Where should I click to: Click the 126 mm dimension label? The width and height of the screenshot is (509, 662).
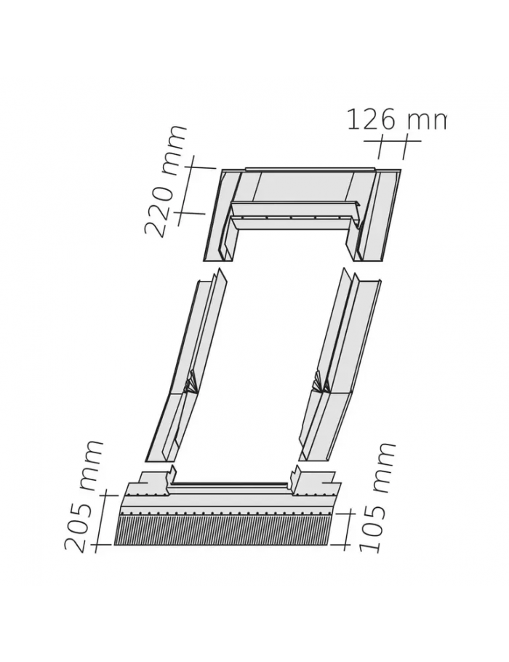pyautogui.click(x=396, y=120)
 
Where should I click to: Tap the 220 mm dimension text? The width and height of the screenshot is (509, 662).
pyautogui.click(x=165, y=181)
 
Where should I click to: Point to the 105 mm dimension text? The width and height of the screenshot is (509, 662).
pyautogui.click(x=376, y=498)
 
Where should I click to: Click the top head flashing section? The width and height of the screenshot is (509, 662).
pyautogui.click(x=302, y=215)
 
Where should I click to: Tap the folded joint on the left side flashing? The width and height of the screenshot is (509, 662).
pyautogui.click(x=191, y=382)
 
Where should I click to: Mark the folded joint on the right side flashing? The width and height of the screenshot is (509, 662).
pyautogui.click(x=321, y=381)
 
